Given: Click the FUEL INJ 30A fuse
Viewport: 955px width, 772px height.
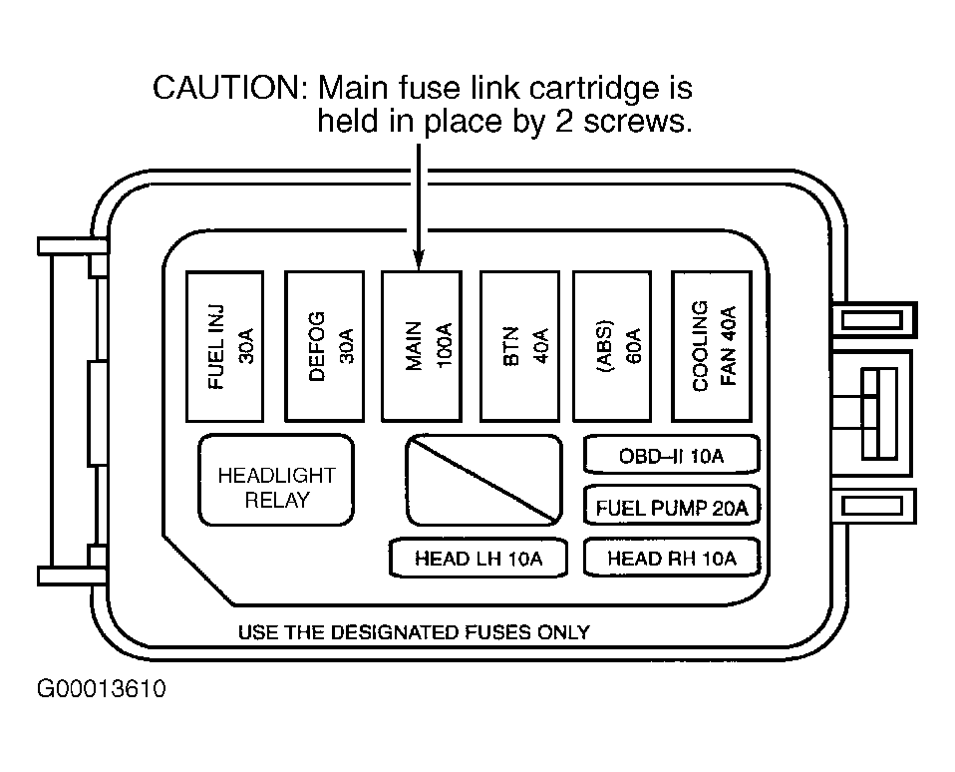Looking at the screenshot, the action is click(x=224, y=346).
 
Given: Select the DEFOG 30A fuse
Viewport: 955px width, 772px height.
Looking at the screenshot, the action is click(x=325, y=346).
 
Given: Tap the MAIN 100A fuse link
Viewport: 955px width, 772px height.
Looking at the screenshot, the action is click(x=422, y=346).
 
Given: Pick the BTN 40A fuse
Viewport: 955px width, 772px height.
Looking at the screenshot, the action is click(x=519, y=346).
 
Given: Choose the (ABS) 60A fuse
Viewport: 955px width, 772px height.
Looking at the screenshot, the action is click(x=613, y=346).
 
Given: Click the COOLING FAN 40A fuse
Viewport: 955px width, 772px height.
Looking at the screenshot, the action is click(x=712, y=346).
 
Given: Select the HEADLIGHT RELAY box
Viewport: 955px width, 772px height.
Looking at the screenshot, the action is click(x=276, y=480).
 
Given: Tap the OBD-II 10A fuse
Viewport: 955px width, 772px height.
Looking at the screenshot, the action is click(x=672, y=455).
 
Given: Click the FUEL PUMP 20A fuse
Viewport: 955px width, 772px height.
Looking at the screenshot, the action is click(x=672, y=506).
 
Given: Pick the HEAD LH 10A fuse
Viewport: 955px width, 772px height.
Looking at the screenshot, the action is click(x=478, y=558).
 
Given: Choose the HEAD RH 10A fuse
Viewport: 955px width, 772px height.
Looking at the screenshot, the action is click(x=672, y=558).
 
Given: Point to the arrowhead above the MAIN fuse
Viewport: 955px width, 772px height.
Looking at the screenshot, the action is click(x=419, y=259).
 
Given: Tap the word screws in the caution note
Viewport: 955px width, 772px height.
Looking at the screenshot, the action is click(x=637, y=122).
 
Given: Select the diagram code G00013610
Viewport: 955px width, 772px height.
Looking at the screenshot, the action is click(x=101, y=688).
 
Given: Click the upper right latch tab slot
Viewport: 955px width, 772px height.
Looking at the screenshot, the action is click(x=873, y=320).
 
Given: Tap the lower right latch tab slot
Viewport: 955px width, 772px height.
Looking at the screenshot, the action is click(x=873, y=506).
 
